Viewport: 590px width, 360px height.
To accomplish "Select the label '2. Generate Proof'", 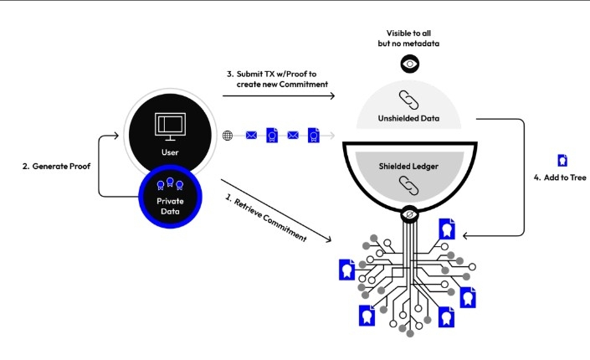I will pyautogui.click(x=56, y=166).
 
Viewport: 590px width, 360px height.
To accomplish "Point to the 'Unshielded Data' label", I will pyautogui.click(x=410, y=118).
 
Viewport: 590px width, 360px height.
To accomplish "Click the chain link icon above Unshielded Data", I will pyautogui.click(x=410, y=98).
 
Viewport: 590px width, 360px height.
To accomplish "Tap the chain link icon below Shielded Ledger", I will pyautogui.click(x=410, y=183).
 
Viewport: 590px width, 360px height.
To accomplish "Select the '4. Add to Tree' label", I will pyautogui.click(x=560, y=178).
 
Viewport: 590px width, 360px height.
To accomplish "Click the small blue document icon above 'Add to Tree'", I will pyautogui.click(x=562, y=159).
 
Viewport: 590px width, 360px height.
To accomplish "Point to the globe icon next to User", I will pyautogui.click(x=227, y=135).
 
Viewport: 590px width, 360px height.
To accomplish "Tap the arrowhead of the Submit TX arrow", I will pyautogui.click(x=331, y=96).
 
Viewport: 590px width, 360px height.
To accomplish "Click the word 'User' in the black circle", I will pyautogui.click(x=170, y=152).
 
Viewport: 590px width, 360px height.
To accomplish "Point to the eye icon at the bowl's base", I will pyautogui.click(x=410, y=215).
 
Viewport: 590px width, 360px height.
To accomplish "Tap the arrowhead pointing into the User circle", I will pyautogui.click(x=118, y=135).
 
